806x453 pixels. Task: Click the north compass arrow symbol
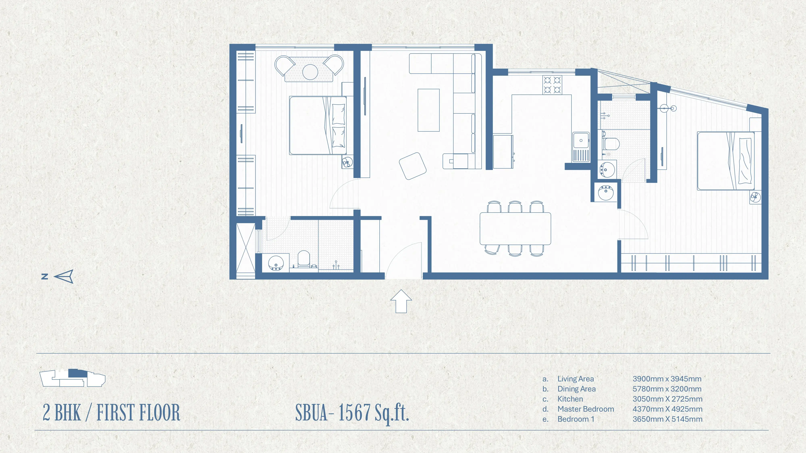pos(64,276)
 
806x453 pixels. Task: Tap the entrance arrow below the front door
pos(401,301)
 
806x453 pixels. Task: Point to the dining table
pos(515,229)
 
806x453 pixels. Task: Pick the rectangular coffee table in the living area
pos(429,110)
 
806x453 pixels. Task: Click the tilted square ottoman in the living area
pos(413,166)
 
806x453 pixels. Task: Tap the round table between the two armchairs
pos(310,72)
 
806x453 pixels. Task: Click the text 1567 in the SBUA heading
pos(354,413)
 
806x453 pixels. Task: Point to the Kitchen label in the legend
pos(570,399)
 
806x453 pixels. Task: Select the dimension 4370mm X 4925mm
pos(667,409)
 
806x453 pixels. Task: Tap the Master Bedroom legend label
pos(586,409)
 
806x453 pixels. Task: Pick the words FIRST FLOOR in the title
pos(138,413)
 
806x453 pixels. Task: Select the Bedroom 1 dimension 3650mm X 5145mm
pos(667,419)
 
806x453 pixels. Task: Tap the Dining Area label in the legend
pos(576,389)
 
